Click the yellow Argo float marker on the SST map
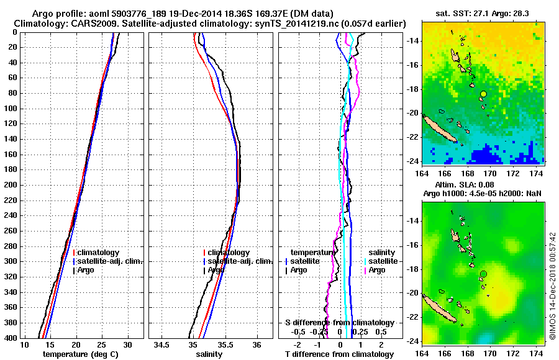pos(483,94)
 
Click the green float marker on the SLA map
pos(483,274)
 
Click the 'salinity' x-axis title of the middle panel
pos(209,354)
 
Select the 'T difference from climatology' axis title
pos(340,354)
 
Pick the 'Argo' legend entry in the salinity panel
pos(216,270)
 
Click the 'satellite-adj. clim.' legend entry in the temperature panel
pos(110,261)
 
